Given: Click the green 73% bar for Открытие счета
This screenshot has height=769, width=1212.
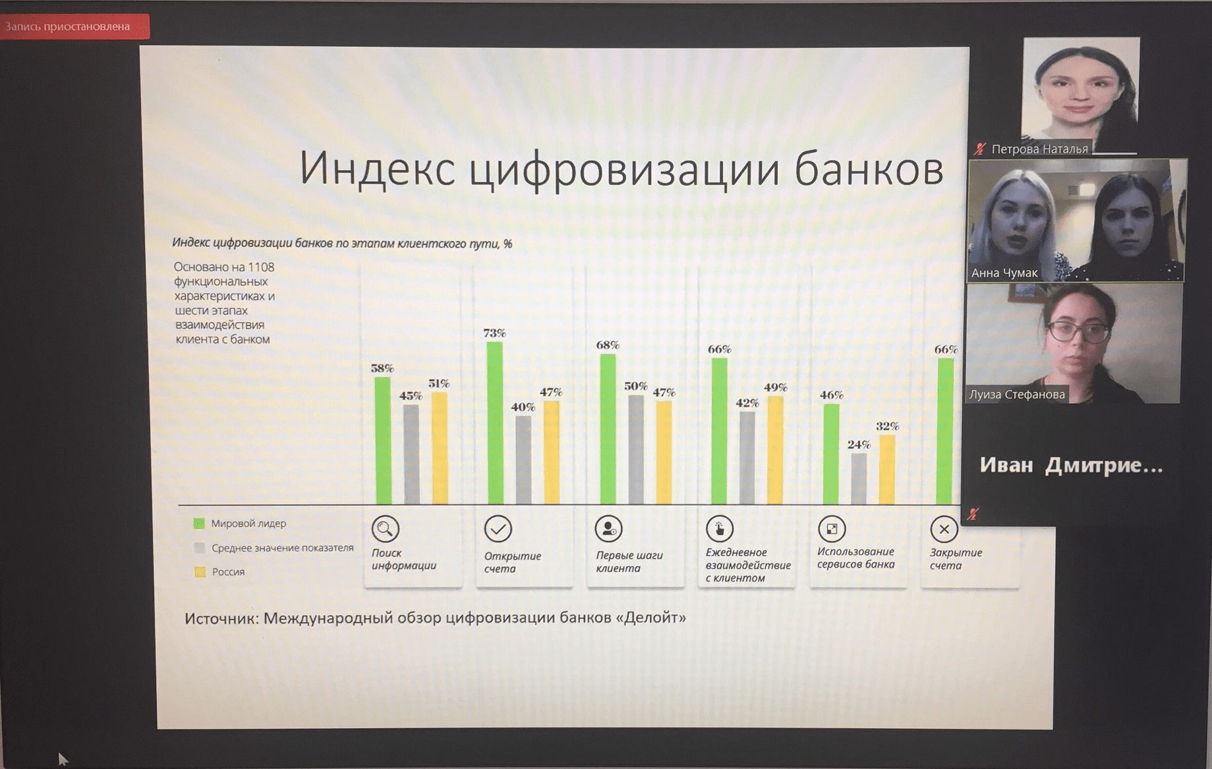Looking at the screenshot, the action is (495, 423).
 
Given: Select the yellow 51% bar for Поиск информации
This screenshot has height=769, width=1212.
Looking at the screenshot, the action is (440, 448).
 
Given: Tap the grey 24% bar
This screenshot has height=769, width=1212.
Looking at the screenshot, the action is (859, 479).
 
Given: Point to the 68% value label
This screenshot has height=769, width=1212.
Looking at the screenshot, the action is (608, 345).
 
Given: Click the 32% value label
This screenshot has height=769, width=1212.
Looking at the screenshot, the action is (887, 426).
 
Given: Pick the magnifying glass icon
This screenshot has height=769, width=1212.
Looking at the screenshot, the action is (386, 528).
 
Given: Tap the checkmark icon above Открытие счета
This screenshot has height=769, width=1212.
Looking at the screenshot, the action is (498, 528).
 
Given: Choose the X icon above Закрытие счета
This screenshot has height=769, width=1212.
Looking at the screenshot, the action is (944, 528).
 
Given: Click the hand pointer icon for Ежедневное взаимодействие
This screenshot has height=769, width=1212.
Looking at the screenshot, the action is (720, 528).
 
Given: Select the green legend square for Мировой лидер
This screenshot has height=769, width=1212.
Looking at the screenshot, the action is (199, 523).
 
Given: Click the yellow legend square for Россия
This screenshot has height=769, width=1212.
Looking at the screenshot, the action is (200, 572).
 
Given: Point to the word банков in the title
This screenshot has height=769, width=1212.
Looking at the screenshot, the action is (869, 168).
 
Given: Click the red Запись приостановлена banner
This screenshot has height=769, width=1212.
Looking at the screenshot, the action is (74, 27).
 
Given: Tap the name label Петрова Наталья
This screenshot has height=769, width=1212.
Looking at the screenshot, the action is (1039, 149).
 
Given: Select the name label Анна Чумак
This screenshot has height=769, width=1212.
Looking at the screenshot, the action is (1004, 273).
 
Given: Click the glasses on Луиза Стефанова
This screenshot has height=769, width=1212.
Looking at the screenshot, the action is (1078, 331).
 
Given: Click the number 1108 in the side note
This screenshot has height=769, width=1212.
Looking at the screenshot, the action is (261, 267).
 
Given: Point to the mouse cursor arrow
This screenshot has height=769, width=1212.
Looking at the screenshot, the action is (63, 759).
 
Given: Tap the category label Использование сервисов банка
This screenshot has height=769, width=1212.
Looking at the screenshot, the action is (856, 558).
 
